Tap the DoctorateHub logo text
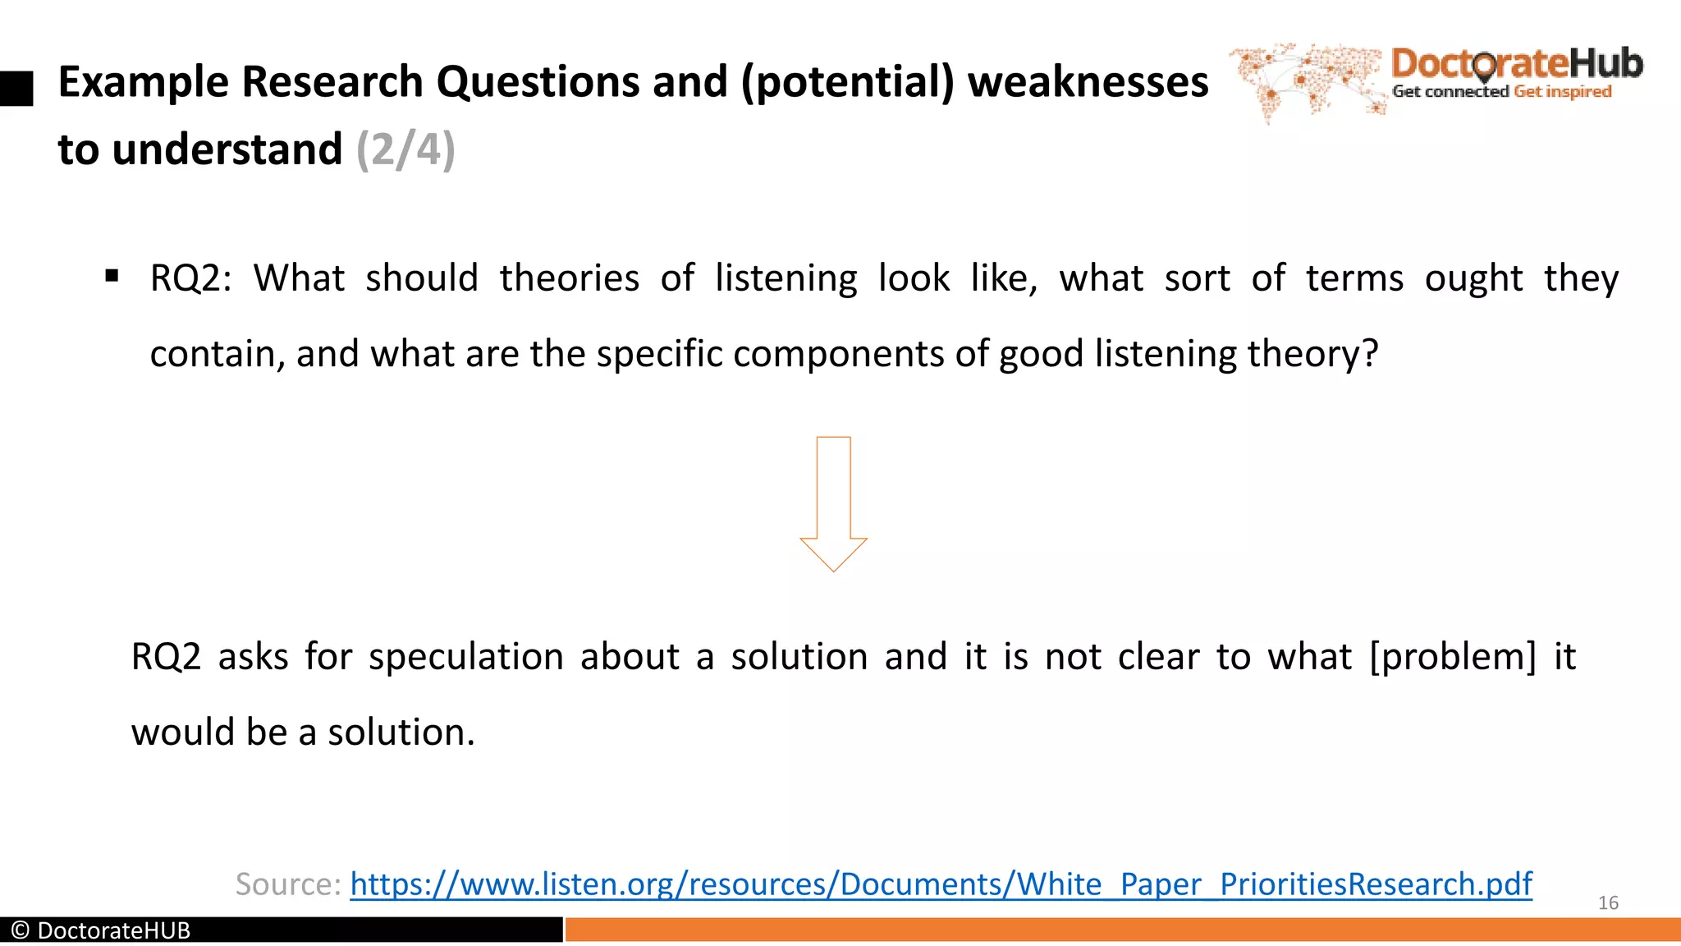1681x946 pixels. click(1517, 63)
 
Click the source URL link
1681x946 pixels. click(941, 884)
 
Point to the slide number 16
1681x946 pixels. click(1608, 903)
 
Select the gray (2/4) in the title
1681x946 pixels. click(405, 149)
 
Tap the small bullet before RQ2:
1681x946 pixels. click(112, 275)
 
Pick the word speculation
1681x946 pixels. click(466, 657)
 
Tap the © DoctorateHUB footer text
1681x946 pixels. click(101, 930)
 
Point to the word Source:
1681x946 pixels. click(287, 884)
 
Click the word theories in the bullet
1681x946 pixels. click(569, 278)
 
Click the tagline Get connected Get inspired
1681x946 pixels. click(1502, 91)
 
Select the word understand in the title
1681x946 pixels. click(227, 149)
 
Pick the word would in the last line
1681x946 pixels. click(183, 732)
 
